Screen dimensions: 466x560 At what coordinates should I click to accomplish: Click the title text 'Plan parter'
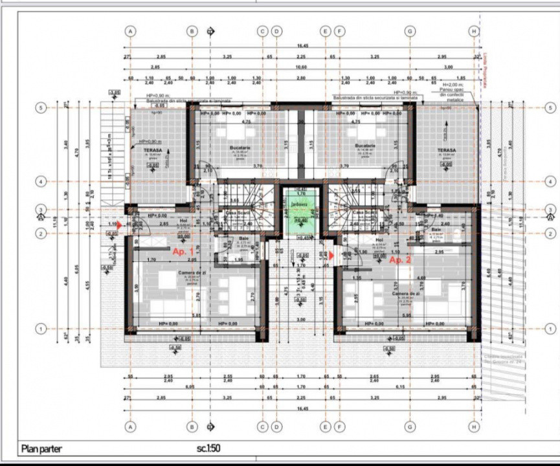pos(42,448)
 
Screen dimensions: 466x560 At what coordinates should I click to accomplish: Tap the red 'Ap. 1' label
pos(183,249)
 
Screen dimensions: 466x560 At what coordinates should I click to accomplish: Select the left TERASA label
pos(153,150)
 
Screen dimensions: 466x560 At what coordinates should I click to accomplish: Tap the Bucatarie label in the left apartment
pos(240,148)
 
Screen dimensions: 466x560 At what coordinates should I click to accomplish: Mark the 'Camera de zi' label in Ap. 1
pos(192,272)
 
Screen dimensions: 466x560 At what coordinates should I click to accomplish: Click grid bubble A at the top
pos(131,30)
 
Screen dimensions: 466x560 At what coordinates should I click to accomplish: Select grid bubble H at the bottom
pos(475,427)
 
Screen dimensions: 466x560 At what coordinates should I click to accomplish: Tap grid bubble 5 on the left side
pos(41,108)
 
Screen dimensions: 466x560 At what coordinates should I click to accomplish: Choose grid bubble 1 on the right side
pos(550,329)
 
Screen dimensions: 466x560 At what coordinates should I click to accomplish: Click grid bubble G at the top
pos(410,30)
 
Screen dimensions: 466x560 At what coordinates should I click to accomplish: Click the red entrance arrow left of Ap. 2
pos(331,255)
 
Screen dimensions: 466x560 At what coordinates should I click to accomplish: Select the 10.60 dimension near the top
pos(300,67)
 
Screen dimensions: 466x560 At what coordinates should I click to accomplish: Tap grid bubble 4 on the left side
pos(41,182)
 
